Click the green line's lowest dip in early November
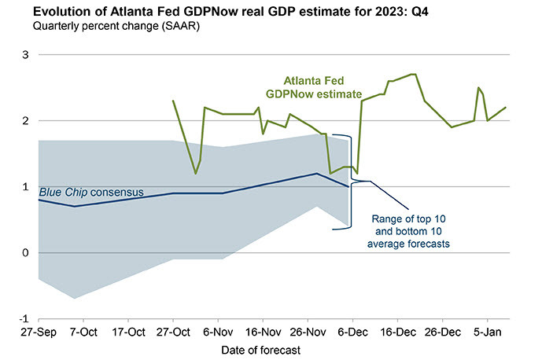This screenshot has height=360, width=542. (x=195, y=174)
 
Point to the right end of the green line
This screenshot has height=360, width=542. (x=505, y=108)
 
